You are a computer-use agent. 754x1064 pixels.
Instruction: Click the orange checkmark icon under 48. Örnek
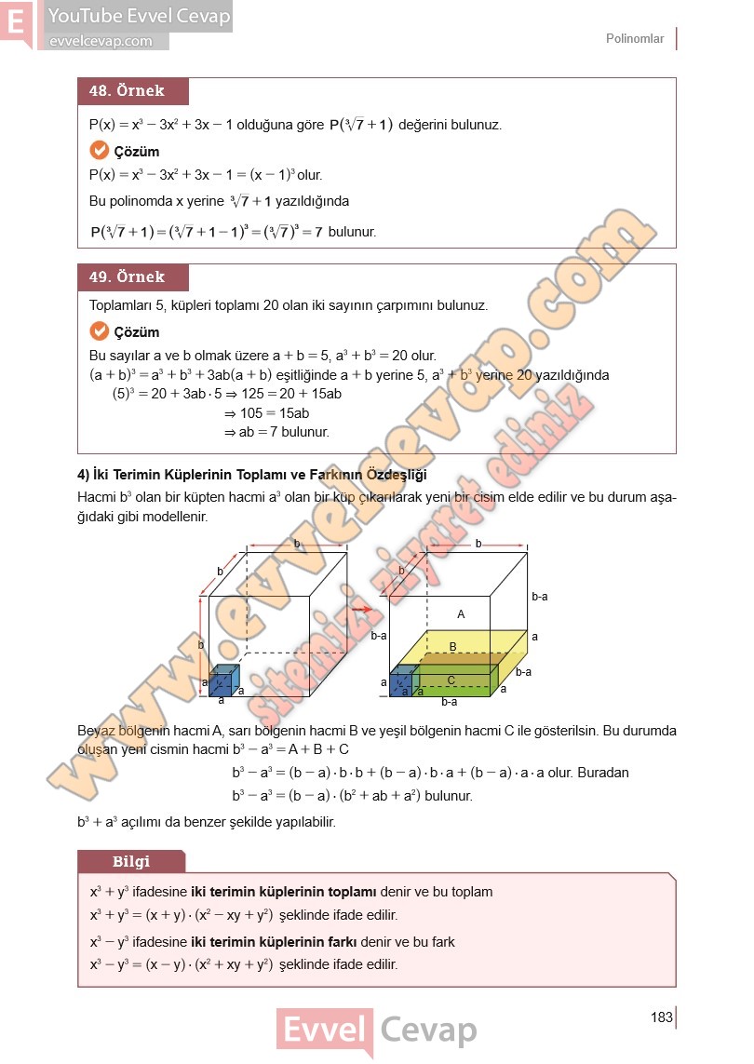point(100,151)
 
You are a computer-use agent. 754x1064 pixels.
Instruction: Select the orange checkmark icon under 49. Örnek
point(100,331)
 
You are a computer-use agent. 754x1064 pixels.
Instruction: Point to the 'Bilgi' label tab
point(131,861)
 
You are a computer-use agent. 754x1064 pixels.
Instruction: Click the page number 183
point(662,1017)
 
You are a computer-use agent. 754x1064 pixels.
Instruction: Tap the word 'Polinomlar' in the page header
point(635,39)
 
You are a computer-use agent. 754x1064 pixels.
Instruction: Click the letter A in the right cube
point(461,614)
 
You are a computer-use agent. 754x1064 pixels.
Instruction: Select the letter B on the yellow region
point(453,646)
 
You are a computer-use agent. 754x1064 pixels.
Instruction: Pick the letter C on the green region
point(451,680)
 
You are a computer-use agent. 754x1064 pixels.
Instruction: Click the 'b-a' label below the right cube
point(449,703)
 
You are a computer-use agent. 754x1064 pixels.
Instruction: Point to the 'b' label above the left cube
point(297,543)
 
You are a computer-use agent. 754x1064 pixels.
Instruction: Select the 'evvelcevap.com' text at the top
point(100,41)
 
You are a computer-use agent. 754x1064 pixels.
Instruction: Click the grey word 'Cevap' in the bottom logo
point(428,1031)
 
